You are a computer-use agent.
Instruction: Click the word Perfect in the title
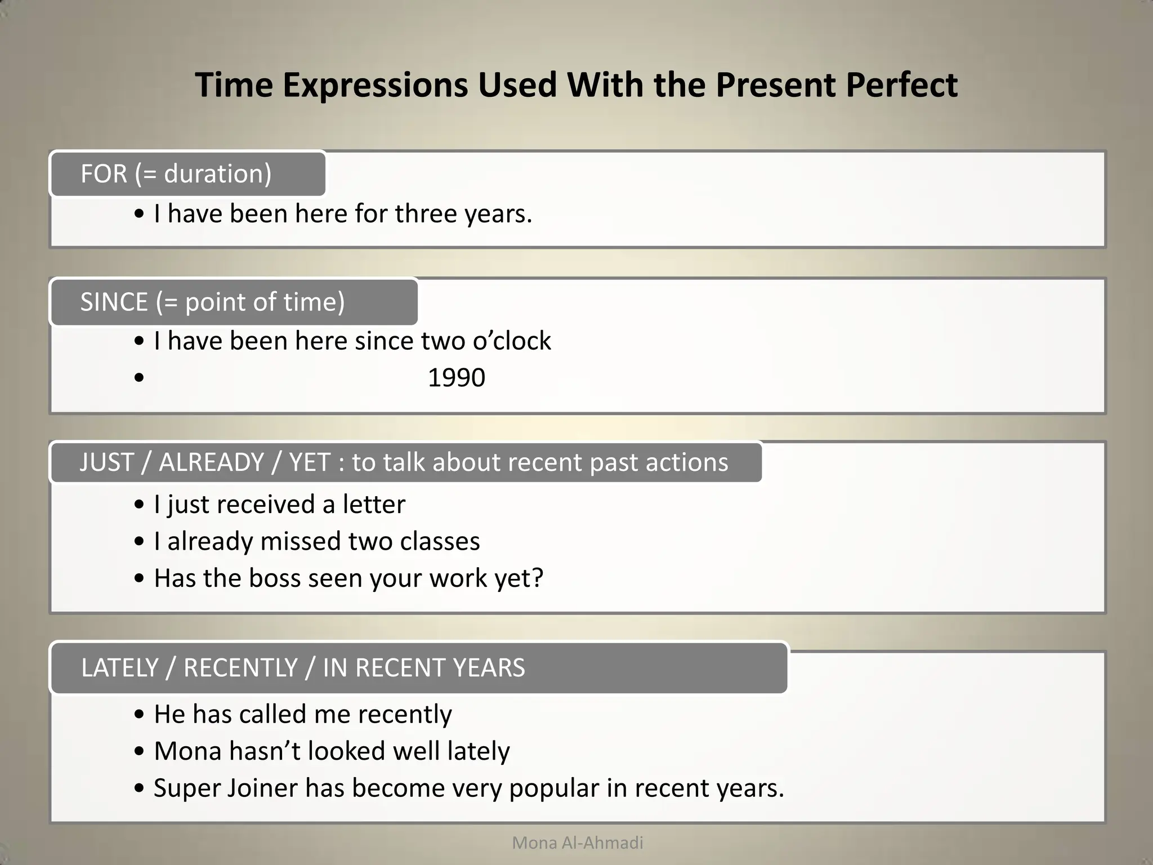click(x=901, y=85)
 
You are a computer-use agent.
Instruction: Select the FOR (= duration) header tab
click(x=187, y=173)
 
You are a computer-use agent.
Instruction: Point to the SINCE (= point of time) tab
click(x=234, y=302)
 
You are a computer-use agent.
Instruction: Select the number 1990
click(x=456, y=377)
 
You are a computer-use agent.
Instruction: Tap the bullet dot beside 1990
click(x=139, y=378)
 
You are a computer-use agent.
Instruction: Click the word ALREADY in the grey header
click(x=211, y=462)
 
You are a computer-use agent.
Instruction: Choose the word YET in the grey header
click(x=309, y=462)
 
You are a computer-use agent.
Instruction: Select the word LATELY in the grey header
click(x=119, y=668)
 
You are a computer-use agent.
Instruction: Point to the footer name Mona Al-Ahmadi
click(x=578, y=843)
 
